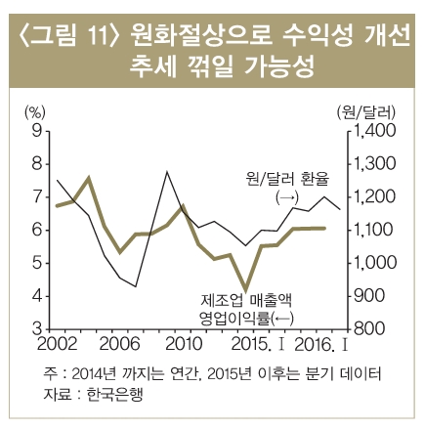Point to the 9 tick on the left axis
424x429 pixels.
(36, 130)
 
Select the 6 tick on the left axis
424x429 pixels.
(36, 230)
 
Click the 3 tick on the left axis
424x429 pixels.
(36, 329)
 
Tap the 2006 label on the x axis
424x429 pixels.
(119, 345)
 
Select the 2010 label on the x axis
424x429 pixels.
(182, 345)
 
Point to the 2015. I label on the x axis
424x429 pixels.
(262, 345)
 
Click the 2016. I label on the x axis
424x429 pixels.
(321, 345)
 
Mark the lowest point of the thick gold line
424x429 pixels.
(247, 289)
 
